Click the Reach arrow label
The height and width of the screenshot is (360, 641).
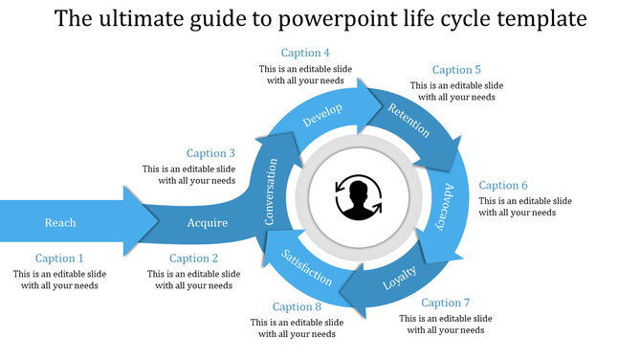(60, 223)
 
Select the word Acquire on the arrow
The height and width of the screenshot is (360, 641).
(208, 223)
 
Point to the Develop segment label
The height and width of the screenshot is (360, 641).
(322, 116)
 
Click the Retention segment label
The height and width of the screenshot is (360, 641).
(409, 120)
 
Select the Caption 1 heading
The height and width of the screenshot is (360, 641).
(60, 259)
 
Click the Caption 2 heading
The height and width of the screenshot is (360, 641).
(194, 259)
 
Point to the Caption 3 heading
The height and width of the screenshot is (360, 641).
(210, 153)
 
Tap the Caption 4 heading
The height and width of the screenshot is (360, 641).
(306, 53)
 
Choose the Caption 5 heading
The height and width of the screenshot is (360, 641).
(456, 70)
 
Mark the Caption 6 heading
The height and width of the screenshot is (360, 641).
(503, 186)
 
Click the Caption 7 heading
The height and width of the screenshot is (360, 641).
(446, 304)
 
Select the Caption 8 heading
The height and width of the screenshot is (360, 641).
(297, 307)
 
